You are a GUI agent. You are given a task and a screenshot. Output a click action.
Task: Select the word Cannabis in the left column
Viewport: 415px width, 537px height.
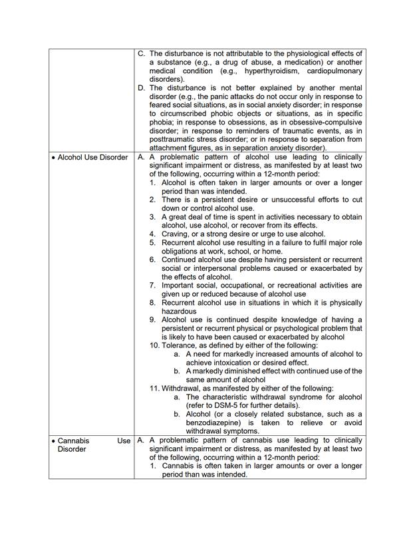(x=74, y=441)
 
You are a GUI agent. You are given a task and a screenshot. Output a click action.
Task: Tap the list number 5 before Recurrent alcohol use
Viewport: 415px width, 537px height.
(x=153, y=243)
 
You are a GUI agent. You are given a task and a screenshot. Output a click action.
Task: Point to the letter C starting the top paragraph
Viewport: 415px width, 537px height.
(x=141, y=53)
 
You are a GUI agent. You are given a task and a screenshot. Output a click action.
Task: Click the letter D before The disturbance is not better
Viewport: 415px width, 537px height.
(x=141, y=87)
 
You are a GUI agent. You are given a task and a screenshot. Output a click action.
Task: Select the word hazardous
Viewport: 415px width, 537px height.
(x=180, y=311)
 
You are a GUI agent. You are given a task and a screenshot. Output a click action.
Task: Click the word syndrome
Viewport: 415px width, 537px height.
(x=300, y=397)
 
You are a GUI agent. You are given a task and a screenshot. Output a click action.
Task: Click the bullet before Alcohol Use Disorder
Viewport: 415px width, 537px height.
(x=53, y=158)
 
